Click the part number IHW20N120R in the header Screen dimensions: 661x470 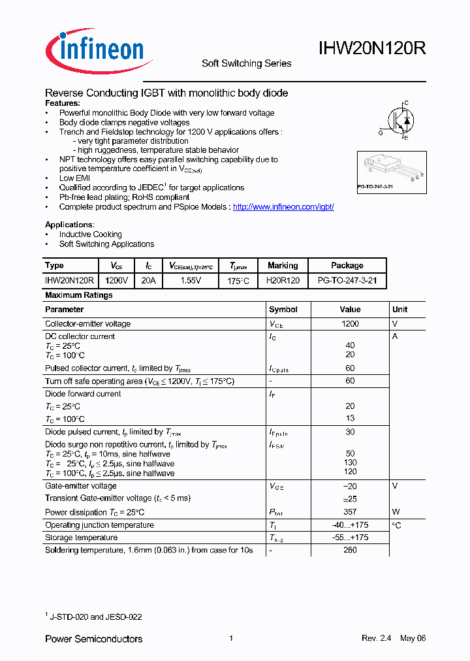[x=372, y=48]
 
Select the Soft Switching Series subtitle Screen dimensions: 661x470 [x=246, y=63]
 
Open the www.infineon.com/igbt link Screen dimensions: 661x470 [x=283, y=206]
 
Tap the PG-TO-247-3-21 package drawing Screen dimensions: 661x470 [x=390, y=171]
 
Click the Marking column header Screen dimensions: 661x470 [x=283, y=266]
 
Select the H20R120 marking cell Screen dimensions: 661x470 [x=283, y=281]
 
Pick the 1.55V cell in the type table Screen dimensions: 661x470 [x=190, y=281]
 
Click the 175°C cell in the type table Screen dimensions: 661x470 [x=240, y=281]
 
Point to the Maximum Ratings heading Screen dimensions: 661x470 [x=78, y=295]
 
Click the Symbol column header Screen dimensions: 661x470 [x=283, y=310]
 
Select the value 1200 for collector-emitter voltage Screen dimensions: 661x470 [x=350, y=324]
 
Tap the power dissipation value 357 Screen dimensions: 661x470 [x=350, y=512]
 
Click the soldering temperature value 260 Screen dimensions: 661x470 [x=350, y=550]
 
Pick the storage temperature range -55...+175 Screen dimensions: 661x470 [x=350, y=538]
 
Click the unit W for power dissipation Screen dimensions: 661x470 [x=395, y=512]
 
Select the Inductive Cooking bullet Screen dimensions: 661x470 [x=90, y=234]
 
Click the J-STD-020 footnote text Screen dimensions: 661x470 [x=95, y=617]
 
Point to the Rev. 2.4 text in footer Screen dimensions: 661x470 [x=376, y=638]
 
